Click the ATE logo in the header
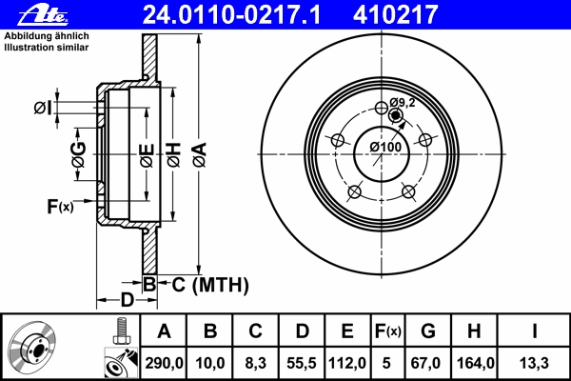43,15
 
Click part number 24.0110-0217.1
231,14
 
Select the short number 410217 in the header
395,14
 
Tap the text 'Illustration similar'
47,48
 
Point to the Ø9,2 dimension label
402,103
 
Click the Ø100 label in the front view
385,147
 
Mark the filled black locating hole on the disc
395,115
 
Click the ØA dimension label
200,155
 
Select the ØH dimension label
174,155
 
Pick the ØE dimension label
148,155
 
